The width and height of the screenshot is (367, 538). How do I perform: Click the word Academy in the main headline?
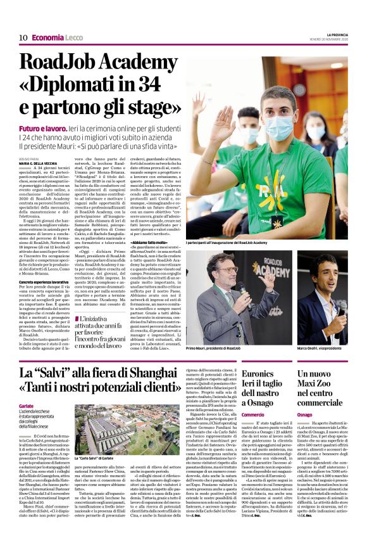[x=139, y=63]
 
